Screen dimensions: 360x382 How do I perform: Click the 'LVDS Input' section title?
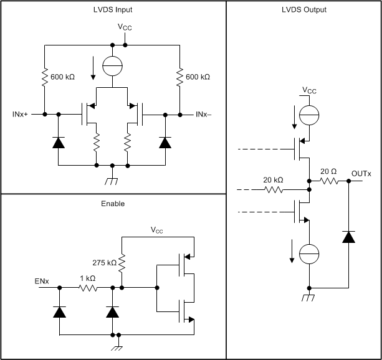112,9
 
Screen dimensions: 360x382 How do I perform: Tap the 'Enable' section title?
112,203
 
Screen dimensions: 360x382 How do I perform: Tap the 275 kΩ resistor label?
103,263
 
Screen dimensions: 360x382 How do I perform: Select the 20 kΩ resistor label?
272,179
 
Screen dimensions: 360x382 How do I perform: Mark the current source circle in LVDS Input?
112,66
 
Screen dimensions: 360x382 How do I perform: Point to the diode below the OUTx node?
348,236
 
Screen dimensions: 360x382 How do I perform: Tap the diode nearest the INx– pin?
165,142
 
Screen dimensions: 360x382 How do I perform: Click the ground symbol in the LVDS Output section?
309,296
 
